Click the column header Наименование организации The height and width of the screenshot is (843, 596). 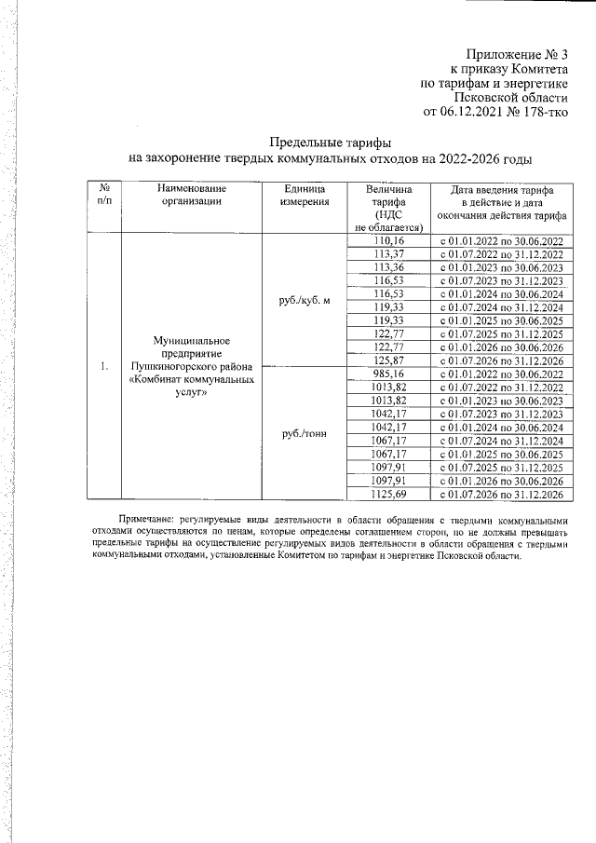192,195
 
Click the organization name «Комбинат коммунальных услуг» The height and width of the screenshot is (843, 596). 192,387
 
